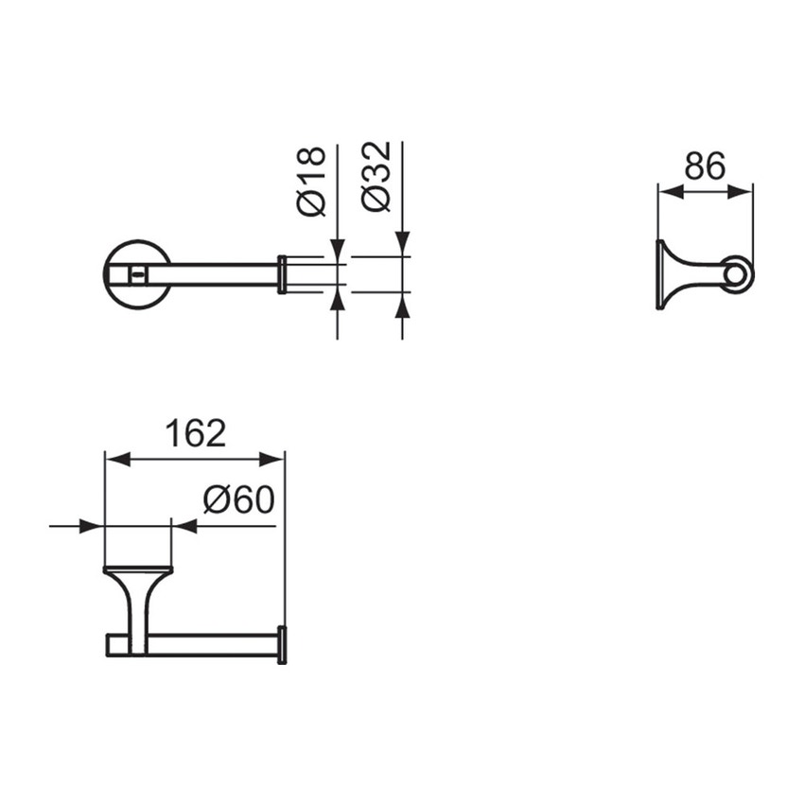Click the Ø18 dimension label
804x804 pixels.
(312, 181)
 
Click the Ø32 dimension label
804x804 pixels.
(376, 177)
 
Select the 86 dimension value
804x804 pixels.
(705, 166)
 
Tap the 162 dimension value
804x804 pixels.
(196, 433)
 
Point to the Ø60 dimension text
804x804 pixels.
(237, 499)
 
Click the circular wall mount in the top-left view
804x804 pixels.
(137, 274)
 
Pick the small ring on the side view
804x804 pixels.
(739, 275)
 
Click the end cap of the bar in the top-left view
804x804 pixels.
(282, 274)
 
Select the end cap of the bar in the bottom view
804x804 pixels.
(282, 644)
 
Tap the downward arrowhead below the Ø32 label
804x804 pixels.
(402, 245)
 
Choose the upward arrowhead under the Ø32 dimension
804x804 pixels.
(402, 305)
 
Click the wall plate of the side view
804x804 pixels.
(659, 275)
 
